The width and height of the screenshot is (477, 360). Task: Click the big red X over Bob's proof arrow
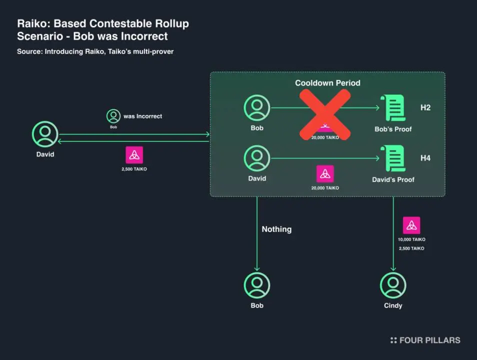click(x=325, y=114)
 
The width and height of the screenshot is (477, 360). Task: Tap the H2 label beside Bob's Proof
click(x=425, y=107)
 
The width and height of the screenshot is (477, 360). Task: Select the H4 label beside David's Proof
click(x=425, y=158)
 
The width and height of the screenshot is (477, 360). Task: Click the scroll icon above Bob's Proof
click(x=392, y=107)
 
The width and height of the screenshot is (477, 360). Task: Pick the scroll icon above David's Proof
click(x=392, y=158)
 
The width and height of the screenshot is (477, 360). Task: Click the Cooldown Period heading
click(x=327, y=83)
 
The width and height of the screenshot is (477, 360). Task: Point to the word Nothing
click(x=276, y=229)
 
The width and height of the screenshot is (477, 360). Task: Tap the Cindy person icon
click(x=393, y=285)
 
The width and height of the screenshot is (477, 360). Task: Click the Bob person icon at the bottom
click(x=257, y=285)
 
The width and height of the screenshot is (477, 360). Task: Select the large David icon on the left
click(x=45, y=134)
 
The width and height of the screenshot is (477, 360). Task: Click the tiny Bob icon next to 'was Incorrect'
click(x=113, y=116)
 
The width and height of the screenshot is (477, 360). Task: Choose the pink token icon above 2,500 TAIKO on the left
click(x=134, y=155)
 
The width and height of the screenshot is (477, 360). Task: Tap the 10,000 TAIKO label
click(x=411, y=239)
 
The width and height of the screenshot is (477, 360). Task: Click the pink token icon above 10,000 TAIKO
click(x=411, y=225)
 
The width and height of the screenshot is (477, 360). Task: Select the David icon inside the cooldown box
click(x=257, y=158)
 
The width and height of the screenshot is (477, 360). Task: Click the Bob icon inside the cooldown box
click(x=257, y=107)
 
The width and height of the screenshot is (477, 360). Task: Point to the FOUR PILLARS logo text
click(x=429, y=340)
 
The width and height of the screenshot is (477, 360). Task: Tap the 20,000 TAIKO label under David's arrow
click(x=325, y=188)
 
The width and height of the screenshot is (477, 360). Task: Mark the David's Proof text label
click(x=393, y=180)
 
